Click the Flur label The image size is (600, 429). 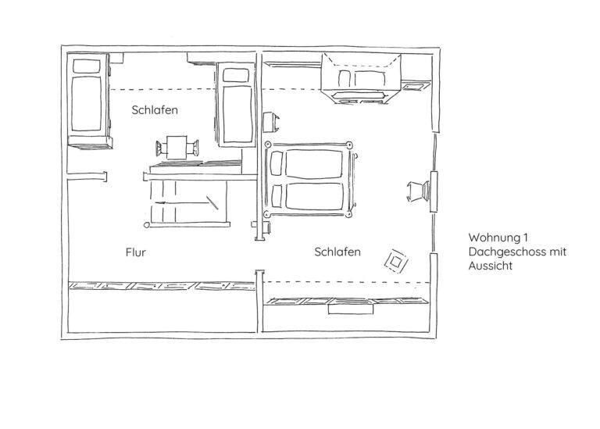click(135, 252)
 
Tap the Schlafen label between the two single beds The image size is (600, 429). click(155, 110)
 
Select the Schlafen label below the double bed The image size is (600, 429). click(337, 252)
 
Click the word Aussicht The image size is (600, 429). click(490, 266)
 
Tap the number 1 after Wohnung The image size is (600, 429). click(526, 238)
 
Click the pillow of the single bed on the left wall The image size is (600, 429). click(87, 66)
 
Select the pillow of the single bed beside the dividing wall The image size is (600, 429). click(235, 75)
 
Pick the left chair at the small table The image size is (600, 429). click(161, 148)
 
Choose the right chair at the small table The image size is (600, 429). click(192, 148)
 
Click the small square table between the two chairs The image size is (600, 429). click(177, 148)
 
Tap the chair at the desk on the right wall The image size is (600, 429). click(418, 191)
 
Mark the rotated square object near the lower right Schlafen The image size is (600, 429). click(396, 261)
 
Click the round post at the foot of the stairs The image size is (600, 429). click(147, 225)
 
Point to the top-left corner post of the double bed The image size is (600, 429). click(267, 145)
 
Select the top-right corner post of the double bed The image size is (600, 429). click(348, 145)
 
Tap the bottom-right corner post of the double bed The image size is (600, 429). click(348, 214)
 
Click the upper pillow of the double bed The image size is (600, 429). click(277, 163)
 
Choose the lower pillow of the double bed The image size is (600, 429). click(277, 196)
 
